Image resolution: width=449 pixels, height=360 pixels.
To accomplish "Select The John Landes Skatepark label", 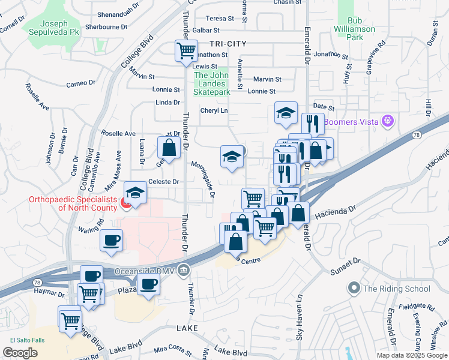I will point(211,84).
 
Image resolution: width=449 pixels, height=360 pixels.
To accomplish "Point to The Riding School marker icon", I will point(354,289).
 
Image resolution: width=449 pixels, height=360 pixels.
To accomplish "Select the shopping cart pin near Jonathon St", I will point(186,50).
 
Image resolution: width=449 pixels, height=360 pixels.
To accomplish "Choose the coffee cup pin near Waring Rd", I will point(110,241).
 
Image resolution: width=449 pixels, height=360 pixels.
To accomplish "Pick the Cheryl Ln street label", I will point(214,111).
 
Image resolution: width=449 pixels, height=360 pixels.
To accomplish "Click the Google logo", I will point(20,353).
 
